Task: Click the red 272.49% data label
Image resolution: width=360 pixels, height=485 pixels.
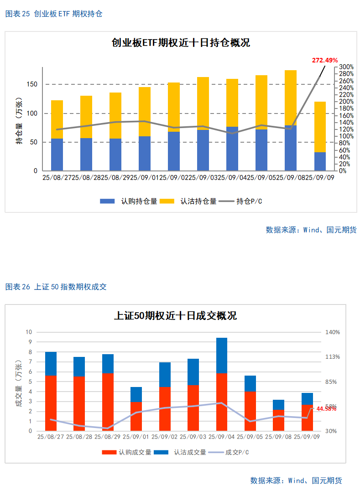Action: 324,60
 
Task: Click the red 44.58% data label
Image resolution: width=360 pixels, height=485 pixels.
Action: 326,409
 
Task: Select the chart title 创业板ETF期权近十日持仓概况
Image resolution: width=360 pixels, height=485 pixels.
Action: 181,43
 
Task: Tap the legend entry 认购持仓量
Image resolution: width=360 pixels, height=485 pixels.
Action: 129,201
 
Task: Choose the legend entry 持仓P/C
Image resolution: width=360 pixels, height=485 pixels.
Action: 241,201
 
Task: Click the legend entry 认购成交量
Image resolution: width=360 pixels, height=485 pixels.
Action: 126,452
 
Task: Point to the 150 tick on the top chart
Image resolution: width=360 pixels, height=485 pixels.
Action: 32,84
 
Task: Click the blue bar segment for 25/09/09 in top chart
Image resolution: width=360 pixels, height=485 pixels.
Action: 320,161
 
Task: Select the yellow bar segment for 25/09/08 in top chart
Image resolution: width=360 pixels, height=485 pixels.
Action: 291,98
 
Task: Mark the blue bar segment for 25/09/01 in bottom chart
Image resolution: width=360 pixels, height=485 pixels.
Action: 136,394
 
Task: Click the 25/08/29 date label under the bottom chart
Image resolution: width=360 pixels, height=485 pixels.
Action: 108,437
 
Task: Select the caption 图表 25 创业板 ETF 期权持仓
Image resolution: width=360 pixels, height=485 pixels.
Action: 54,14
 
